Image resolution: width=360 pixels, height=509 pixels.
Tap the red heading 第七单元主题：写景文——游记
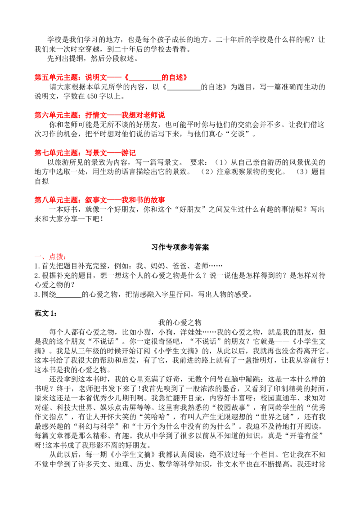pyautogui.click(x=85, y=152)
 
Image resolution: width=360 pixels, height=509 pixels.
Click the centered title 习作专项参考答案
pyautogui.click(x=180, y=247)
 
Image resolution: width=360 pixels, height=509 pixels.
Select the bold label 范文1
pyautogui.click(x=45, y=313)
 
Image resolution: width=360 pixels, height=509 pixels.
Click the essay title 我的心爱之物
pyautogui.click(x=180, y=322)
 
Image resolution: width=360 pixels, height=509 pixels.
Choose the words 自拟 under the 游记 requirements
pyautogui.click(x=41, y=181)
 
